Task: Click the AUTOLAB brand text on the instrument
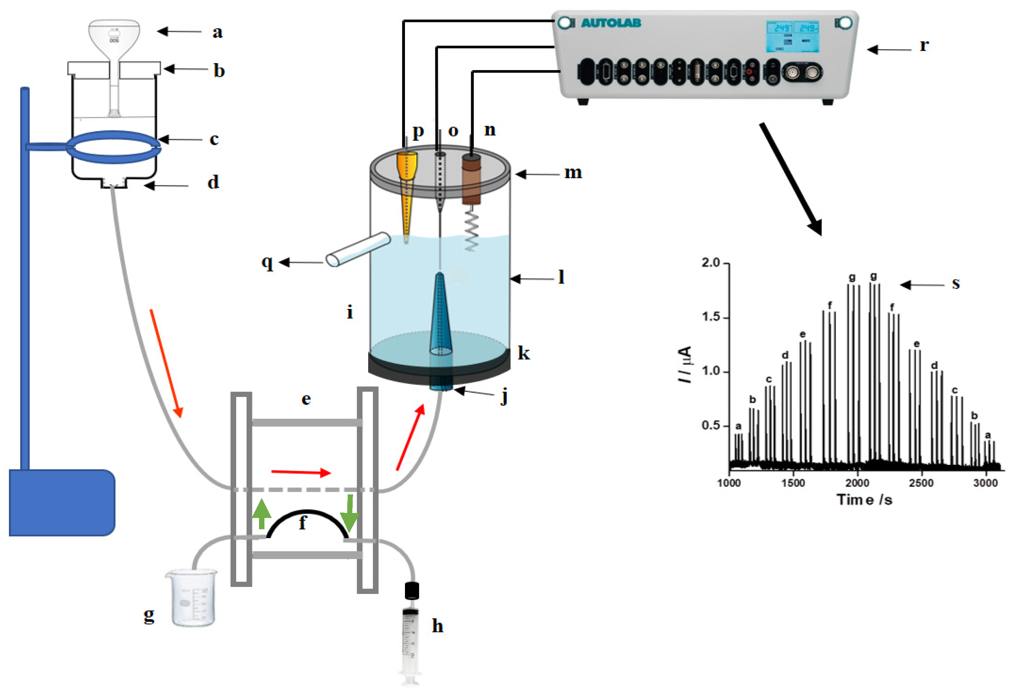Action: click(x=611, y=23)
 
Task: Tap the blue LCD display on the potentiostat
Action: click(x=792, y=37)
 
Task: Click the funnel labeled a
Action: click(x=114, y=37)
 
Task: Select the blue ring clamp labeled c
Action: click(x=114, y=147)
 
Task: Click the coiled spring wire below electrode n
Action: click(x=472, y=229)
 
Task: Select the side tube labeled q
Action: click(x=358, y=250)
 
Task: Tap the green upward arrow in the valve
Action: click(x=261, y=514)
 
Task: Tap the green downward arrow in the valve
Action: click(x=349, y=514)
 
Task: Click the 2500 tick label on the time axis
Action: click(x=921, y=483)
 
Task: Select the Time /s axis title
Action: click(x=864, y=499)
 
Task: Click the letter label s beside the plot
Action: click(x=955, y=283)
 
